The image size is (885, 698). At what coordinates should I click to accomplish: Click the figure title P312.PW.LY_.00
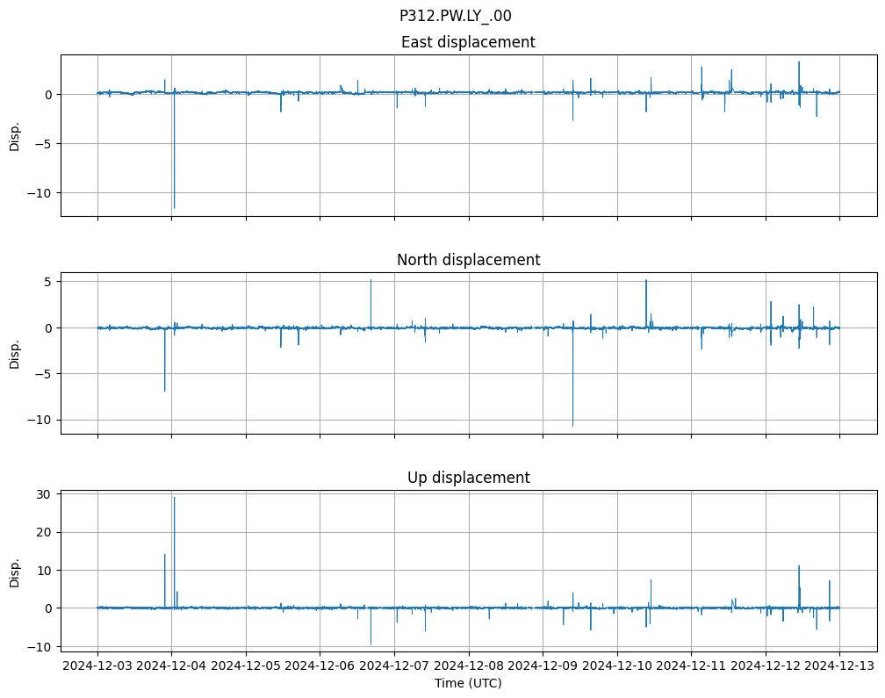coord(455,16)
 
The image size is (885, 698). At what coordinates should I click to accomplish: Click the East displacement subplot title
coord(468,42)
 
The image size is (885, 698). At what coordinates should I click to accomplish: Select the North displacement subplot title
coord(468,260)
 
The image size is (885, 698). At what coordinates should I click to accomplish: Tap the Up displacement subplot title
coord(468,478)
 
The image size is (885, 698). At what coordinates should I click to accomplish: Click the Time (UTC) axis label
coord(468,682)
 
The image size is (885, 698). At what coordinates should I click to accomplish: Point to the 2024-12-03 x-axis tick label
coord(97,666)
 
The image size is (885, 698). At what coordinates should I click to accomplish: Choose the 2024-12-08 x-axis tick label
coord(468,666)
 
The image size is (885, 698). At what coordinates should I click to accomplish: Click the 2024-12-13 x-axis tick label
coord(839,666)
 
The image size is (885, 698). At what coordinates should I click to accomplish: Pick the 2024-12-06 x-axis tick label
coord(320,666)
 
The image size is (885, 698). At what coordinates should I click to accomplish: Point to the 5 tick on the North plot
coord(50,281)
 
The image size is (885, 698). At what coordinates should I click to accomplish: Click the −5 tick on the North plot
coord(46,373)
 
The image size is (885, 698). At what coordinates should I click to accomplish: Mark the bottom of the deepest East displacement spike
coord(174,207)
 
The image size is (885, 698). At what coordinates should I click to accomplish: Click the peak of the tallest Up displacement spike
coord(174,498)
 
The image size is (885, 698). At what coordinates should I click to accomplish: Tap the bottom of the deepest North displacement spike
coord(572,426)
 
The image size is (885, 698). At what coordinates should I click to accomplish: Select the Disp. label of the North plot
coord(15,353)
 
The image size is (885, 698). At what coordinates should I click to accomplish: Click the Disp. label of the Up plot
coord(15,571)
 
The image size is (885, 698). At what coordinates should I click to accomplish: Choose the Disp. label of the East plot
coord(15,135)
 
